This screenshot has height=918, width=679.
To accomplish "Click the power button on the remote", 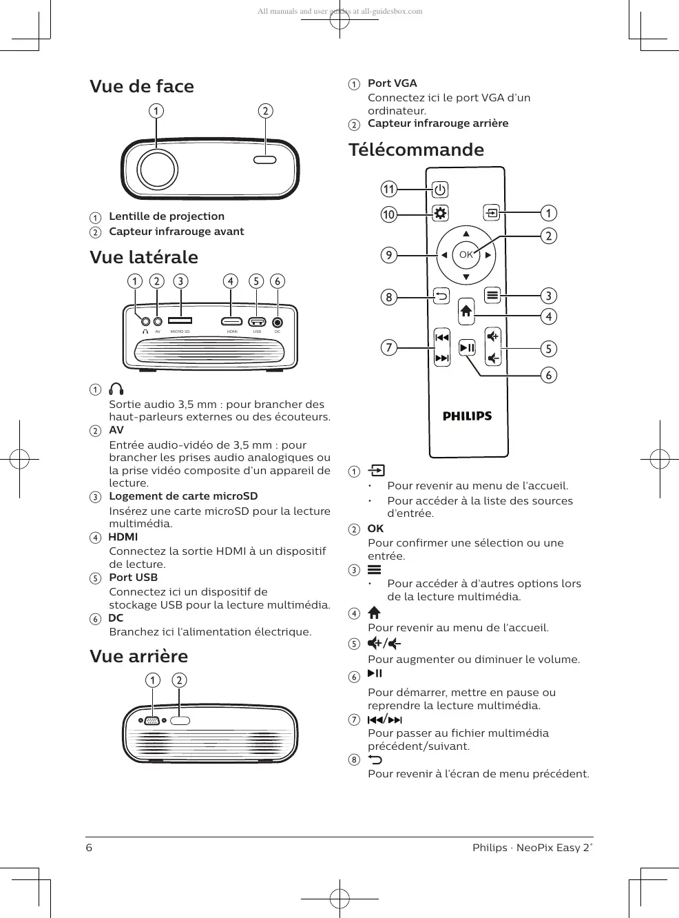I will point(440,190).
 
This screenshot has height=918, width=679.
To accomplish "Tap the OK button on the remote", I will point(466,255).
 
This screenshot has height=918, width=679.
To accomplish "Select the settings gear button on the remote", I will point(440,213).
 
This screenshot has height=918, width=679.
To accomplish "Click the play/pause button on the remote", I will point(467,348).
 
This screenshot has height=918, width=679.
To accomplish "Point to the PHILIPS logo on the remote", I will point(467,416).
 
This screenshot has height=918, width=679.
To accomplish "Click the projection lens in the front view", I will point(157,170).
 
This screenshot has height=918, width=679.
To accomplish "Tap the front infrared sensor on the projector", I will point(265,160).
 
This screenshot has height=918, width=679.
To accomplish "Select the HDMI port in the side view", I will point(231,321).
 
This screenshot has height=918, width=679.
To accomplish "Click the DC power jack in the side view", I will point(278,322).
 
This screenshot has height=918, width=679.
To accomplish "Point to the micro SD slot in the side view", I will point(180,320).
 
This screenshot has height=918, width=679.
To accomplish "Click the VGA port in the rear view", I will point(152,721).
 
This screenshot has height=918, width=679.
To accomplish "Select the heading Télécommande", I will point(416,150).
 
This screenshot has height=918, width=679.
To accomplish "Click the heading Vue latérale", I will point(144,257).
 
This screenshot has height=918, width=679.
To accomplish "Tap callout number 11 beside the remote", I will point(389,189).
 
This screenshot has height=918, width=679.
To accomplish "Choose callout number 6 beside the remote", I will point(549,375).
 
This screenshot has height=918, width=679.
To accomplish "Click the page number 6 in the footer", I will point(89,848).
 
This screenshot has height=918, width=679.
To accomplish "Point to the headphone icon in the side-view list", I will point(117,389).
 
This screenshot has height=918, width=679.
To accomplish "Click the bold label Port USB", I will point(133,578).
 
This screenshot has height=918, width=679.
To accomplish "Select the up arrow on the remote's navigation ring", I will point(466,234).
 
